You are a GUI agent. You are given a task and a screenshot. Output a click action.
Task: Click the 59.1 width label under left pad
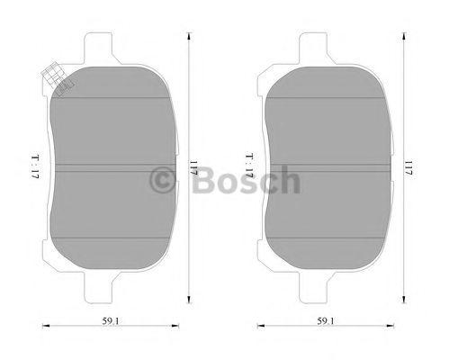coord(111,321)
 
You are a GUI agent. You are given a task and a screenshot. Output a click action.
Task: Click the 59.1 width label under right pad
coord(326,321)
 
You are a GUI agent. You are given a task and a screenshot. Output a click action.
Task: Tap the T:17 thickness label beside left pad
coord(35,166)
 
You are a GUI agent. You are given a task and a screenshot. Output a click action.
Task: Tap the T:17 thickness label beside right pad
coord(250,166)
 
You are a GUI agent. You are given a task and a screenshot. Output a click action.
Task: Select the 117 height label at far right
coord(409,167)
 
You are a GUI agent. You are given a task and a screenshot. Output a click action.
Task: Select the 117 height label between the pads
coord(193,167)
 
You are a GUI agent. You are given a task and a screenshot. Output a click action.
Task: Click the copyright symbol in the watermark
coord(162,180)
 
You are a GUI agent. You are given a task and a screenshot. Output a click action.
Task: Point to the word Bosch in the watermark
coord(246,179)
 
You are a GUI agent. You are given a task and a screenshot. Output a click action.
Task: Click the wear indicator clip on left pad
coord(57,79)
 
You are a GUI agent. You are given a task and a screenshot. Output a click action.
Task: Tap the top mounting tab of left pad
coord(98,48)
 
